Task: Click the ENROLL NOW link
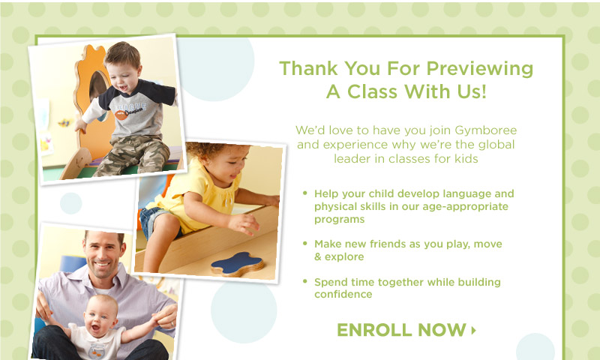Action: [406, 330]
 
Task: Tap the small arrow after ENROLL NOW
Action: [474, 330]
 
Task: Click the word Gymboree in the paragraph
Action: [485, 130]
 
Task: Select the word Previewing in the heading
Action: [479, 69]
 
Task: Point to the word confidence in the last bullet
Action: [343, 294]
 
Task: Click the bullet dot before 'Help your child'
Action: [305, 193]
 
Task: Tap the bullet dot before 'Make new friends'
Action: [305, 243]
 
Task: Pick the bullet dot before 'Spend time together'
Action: [305, 281]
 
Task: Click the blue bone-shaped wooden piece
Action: [237, 263]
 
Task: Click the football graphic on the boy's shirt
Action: [121, 115]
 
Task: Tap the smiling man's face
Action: [103, 254]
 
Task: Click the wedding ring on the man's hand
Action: [172, 324]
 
